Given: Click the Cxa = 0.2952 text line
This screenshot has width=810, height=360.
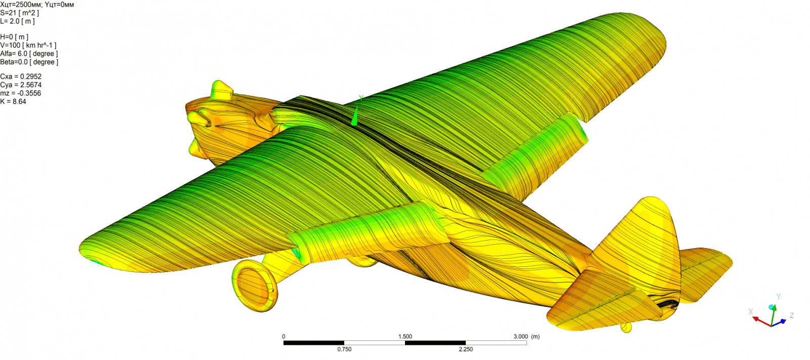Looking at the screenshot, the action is click(21, 76).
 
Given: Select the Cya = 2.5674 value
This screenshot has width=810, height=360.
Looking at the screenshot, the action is click(21, 85).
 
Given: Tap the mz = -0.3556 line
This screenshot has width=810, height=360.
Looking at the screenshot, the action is click(21, 93).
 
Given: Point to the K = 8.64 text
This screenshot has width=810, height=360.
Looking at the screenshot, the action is click(13, 102).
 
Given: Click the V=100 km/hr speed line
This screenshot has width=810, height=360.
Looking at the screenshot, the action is click(28, 45).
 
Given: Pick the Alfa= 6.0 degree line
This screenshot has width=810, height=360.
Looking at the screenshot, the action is click(29, 54).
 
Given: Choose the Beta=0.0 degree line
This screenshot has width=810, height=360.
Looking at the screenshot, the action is click(29, 62).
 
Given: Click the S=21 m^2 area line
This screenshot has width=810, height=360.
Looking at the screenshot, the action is click(20, 13).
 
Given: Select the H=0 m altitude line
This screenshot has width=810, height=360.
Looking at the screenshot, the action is click(14, 37).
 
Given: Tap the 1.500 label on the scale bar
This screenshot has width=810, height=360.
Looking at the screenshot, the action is click(405, 337).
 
